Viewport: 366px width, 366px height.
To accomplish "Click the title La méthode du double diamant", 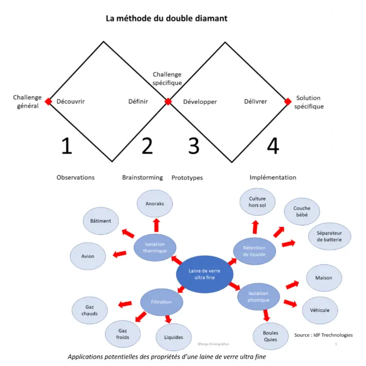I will point(167,19).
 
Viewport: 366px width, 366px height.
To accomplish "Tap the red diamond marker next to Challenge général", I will point(48,101).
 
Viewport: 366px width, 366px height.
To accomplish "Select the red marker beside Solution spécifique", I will point(288,101).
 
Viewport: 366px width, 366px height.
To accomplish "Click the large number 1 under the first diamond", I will point(66,145).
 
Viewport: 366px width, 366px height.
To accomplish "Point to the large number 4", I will point(273,145).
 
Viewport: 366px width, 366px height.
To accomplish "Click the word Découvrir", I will point(71,101).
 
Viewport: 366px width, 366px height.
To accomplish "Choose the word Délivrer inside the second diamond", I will point(256,101).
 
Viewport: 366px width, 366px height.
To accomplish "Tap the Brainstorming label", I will point(142,178).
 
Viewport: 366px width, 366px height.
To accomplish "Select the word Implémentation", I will point(273,178).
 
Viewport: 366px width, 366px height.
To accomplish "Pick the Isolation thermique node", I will point(155,247).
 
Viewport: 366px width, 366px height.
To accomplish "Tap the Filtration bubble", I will point(161,302).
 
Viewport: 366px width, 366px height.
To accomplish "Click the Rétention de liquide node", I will point(255,251).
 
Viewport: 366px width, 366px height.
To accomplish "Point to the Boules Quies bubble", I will point(270,336).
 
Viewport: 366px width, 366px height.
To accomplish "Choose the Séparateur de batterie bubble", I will point(329,237).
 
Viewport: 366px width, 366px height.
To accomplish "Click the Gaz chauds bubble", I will point(90,310).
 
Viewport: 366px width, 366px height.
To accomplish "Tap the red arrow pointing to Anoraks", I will point(156,225).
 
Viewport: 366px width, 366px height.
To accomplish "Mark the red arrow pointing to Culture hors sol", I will point(255,226).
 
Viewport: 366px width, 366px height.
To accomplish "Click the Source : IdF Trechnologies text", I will point(323,335).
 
